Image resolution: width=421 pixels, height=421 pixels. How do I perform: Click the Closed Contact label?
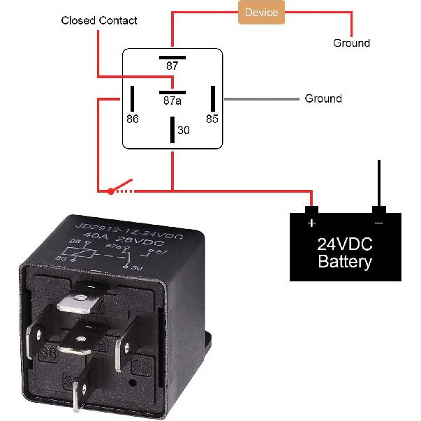[99, 20]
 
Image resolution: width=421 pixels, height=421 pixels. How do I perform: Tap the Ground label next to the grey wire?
[323, 98]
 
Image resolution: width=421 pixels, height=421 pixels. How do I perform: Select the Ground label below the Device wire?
[351, 43]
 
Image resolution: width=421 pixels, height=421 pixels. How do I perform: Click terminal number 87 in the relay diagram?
[172, 66]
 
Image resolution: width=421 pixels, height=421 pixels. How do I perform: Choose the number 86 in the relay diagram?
[133, 119]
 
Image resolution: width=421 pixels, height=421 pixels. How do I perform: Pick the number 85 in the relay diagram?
[212, 119]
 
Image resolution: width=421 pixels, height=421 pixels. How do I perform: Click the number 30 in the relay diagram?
[183, 130]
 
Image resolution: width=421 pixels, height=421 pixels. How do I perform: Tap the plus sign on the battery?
[311, 223]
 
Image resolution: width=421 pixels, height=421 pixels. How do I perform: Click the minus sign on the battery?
[378, 223]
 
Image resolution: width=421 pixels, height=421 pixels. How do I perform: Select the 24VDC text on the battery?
[345, 245]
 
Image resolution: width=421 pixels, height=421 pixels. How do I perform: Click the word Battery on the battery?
[345, 263]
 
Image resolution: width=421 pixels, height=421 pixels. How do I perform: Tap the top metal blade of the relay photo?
[79, 301]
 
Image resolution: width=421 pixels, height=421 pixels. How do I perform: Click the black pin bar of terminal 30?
[172, 130]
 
